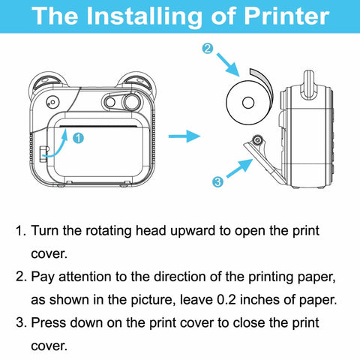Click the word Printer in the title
tap(286, 16)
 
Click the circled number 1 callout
tap(78, 138)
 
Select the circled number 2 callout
tap(208, 49)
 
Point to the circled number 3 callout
tap(217, 181)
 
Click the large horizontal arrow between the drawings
tap(184, 136)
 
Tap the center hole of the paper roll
tap(248, 103)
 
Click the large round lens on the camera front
tap(131, 102)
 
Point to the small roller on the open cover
tap(256, 139)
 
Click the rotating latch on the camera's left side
tap(43, 154)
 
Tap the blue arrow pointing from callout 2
tap(228, 64)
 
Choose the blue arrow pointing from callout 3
tap(240, 168)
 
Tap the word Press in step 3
tap(48, 322)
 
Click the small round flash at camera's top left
tap(52, 102)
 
